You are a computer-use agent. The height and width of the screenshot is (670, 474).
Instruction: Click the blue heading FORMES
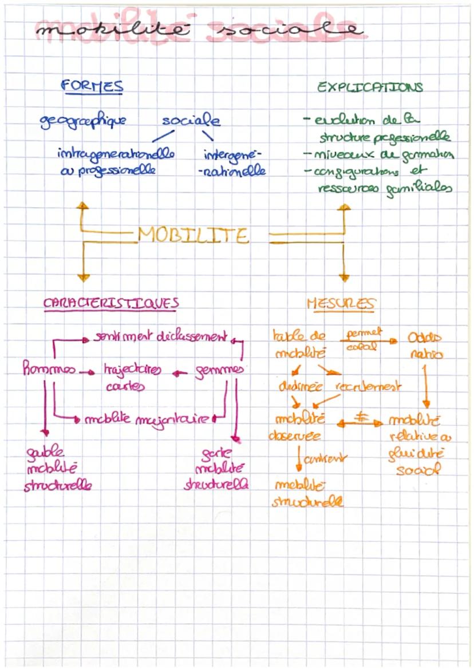tap(92, 86)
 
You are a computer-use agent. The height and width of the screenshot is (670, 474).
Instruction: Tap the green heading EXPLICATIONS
tap(370, 88)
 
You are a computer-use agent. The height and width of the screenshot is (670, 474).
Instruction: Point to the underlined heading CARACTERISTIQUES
tap(111, 303)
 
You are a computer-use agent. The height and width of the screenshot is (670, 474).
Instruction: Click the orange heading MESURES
tap(341, 303)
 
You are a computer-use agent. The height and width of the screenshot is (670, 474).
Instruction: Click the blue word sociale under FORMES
tap(191, 121)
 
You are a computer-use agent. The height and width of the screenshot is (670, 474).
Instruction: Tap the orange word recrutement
tap(370, 386)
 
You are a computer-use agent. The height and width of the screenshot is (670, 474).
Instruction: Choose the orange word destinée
tap(301, 386)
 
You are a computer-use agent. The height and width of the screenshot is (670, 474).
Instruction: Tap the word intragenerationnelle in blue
tap(116, 155)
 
